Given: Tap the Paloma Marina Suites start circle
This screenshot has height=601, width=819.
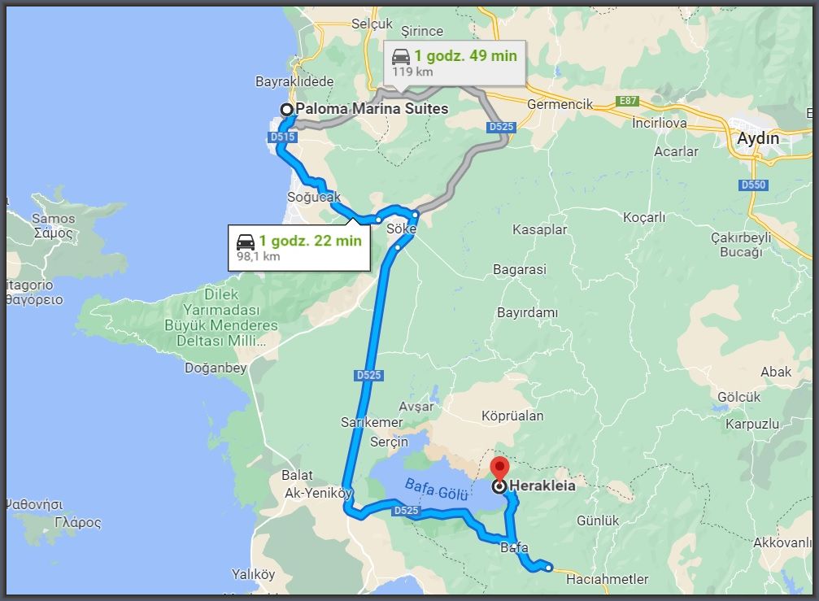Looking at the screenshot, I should pyautogui.click(x=286, y=109).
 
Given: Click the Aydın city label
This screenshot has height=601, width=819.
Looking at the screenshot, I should pyautogui.click(x=757, y=138).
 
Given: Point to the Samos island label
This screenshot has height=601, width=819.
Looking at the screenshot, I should pyautogui.click(x=53, y=219).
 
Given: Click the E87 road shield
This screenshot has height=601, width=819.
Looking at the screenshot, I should pyautogui.click(x=628, y=102).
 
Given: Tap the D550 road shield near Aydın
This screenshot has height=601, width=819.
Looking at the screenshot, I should pyautogui.click(x=753, y=185).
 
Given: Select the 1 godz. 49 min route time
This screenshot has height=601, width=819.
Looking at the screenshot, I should pyautogui.click(x=465, y=56).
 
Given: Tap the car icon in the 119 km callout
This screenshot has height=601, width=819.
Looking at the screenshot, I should pyautogui.click(x=400, y=56).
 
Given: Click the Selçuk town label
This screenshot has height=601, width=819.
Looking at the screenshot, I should pyautogui.click(x=372, y=24).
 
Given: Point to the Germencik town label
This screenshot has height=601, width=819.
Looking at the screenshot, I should pyautogui.click(x=560, y=105).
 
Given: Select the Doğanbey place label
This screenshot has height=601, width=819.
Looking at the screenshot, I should pyautogui.click(x=216, y=368).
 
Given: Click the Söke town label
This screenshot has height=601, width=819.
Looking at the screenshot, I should pyautogui.click(x=402, y=229).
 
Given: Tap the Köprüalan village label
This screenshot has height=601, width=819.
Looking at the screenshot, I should pyautogui.click(x=512, y=416).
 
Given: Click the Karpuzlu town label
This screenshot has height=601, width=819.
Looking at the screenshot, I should pyautogui.click(x=752, y=424).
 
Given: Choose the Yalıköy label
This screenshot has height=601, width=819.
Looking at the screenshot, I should pyautogui.click(x=253, y=574).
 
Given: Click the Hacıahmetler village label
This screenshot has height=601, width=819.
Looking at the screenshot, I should pyautogui.click(x=607, y=579).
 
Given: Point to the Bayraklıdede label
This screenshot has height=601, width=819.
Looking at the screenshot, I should pyautogui.click(x=294, y=81).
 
